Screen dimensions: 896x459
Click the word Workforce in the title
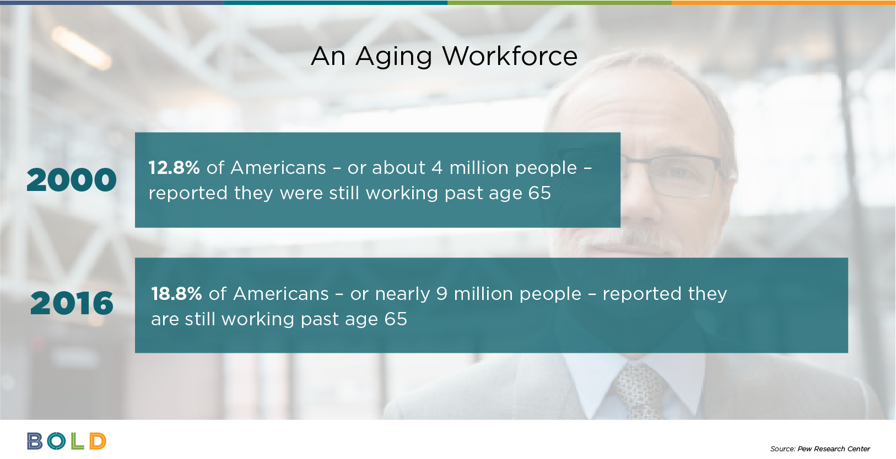(x=510, y=56)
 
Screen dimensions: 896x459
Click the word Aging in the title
(x=393, y=57)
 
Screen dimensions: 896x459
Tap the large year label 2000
(x=72, y=180)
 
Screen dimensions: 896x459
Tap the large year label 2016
(x=72, y=303)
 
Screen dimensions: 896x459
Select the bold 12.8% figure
(x=174, y=167)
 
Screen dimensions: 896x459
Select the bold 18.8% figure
(x=176, y=293)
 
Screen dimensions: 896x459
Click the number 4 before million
(x=437, y=168)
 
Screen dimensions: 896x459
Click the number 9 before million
(x=441, y=293)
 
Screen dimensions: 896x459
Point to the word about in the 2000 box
(x=398, y=168)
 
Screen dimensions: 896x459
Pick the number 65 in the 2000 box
(x=539, y=193)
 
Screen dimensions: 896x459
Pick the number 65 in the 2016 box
(x=396, y=319)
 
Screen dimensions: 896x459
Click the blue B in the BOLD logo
(x=35, y=441)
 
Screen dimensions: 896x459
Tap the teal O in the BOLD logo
(x=56, y=441)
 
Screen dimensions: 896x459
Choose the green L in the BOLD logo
(x=78, y=441)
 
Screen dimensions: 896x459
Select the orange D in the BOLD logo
(x=98, y=441)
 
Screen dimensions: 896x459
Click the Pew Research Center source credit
(x=820, y=449)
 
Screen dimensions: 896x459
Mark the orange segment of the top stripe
(x=784, y=2)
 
